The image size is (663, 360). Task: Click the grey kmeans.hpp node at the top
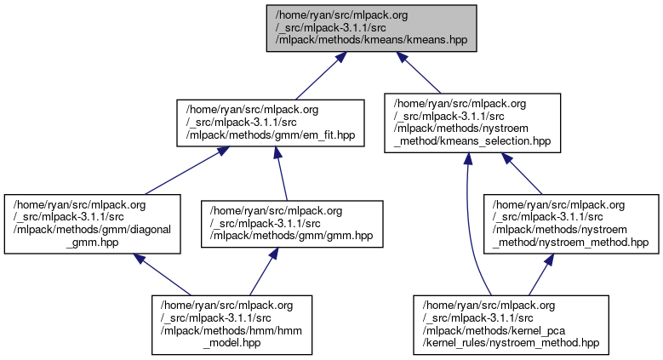click(x=369, y=27)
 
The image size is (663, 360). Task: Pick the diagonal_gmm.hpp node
click(x=92, y=224)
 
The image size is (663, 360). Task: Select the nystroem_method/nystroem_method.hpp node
click(x=569, y=224)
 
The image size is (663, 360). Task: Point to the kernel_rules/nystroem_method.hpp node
click(x=511, y=323)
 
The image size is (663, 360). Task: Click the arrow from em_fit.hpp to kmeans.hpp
click(x=319, y=75)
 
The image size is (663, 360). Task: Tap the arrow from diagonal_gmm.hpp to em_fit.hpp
click(x=182, y=169)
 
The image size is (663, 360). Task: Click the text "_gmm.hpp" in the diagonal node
click(x=92, y=242)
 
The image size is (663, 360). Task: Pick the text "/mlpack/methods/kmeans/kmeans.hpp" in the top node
click(x=369, y=39)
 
